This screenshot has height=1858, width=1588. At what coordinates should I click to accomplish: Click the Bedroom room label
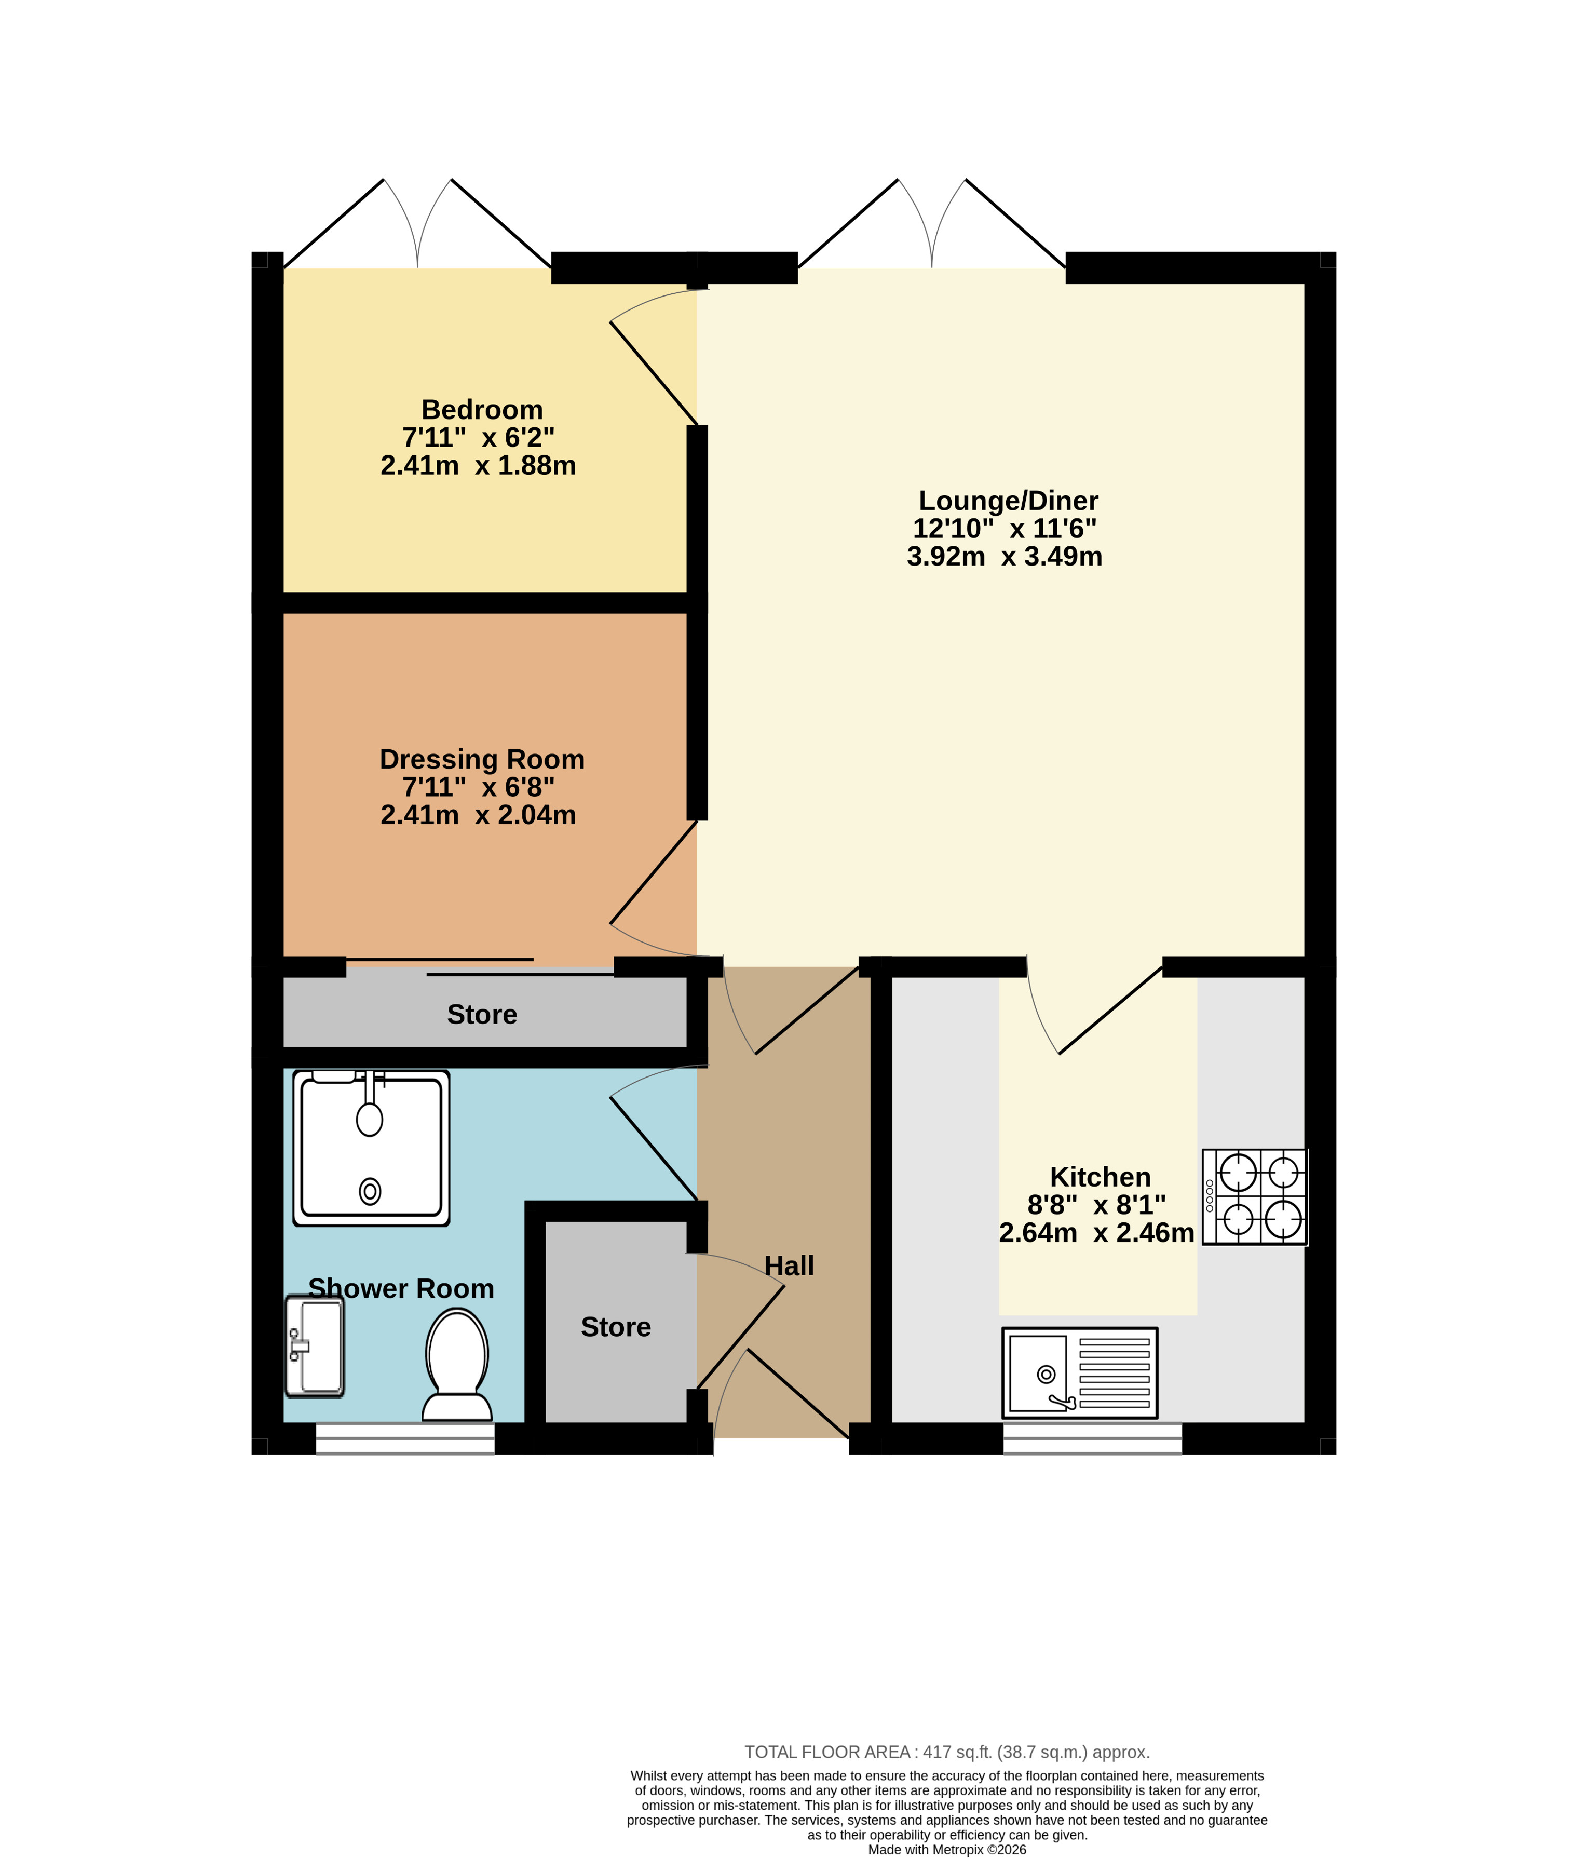(x=482, y=410)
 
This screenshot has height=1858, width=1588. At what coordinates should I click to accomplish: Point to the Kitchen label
(x=1100, y=1177)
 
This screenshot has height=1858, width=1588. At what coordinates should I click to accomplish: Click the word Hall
(x=789, y=1265)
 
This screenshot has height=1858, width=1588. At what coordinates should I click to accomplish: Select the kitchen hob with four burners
(x=1254, y=1196)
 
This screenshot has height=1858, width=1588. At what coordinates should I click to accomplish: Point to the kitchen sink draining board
(x=1115, y=1372)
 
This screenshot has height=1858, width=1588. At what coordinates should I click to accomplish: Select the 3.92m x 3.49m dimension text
(x=1005, y=556)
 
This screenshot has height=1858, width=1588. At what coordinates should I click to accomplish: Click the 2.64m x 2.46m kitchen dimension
(x=1096, y=1232)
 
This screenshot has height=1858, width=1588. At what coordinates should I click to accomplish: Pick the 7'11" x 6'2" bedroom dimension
(x=478, y=438)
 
